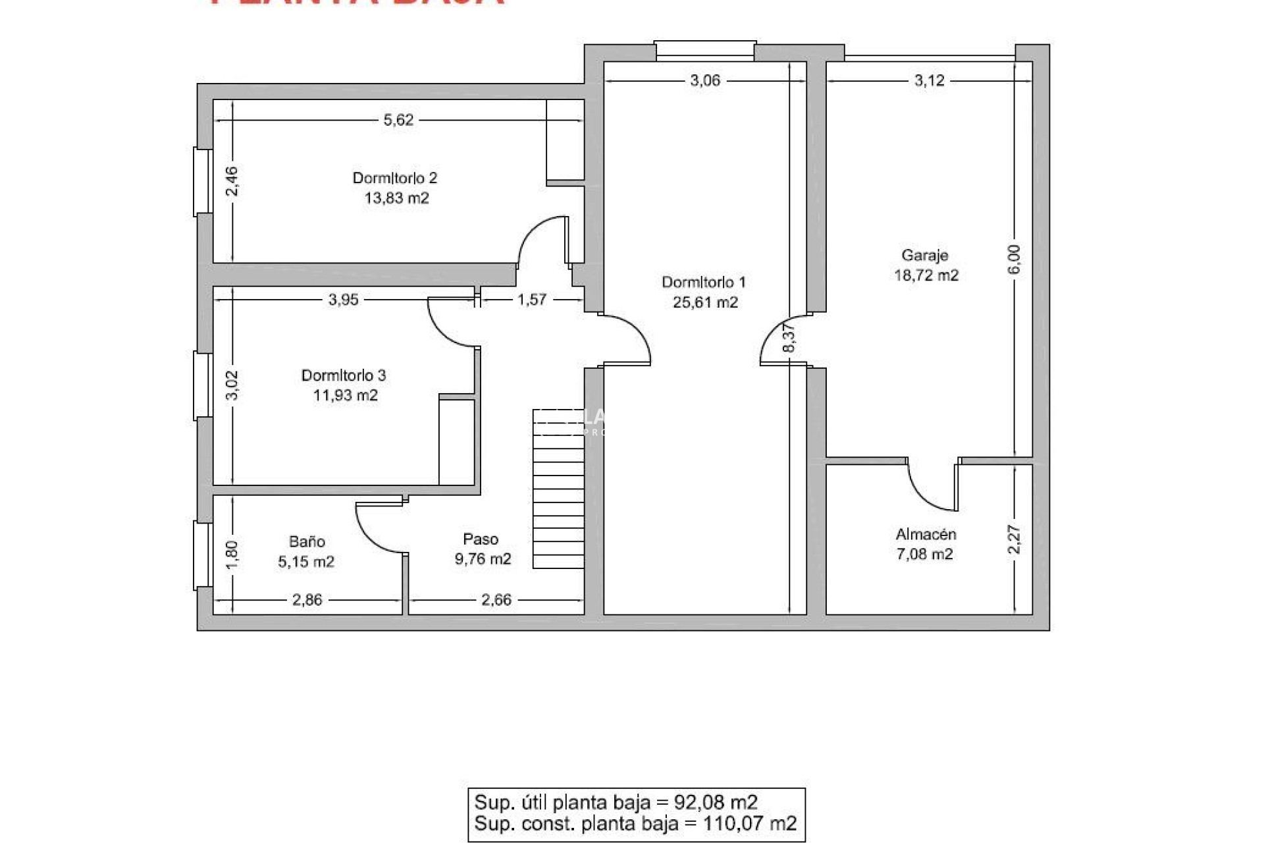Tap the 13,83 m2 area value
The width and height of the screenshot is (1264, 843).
[396, 198]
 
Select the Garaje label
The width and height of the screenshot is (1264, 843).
[924, 256]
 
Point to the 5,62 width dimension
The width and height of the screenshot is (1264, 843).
[398, 120]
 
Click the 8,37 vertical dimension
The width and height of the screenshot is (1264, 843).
[790, 338]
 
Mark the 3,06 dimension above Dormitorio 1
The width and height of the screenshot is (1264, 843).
[704, 80]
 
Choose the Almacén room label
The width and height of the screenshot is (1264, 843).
[925, 534]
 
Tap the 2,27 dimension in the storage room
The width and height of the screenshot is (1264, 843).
[1014, 539]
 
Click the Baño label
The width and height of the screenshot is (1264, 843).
[307, 541]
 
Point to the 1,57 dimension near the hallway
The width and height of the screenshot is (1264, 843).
[531, 300]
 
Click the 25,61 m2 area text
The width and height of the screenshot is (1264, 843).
[705, 302]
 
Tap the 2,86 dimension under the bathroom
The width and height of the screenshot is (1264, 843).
[307, 600]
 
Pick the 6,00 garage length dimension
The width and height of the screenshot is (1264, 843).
[1014, 260]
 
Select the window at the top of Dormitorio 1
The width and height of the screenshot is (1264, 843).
[704, 51]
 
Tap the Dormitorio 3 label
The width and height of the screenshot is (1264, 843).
[343, 375]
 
